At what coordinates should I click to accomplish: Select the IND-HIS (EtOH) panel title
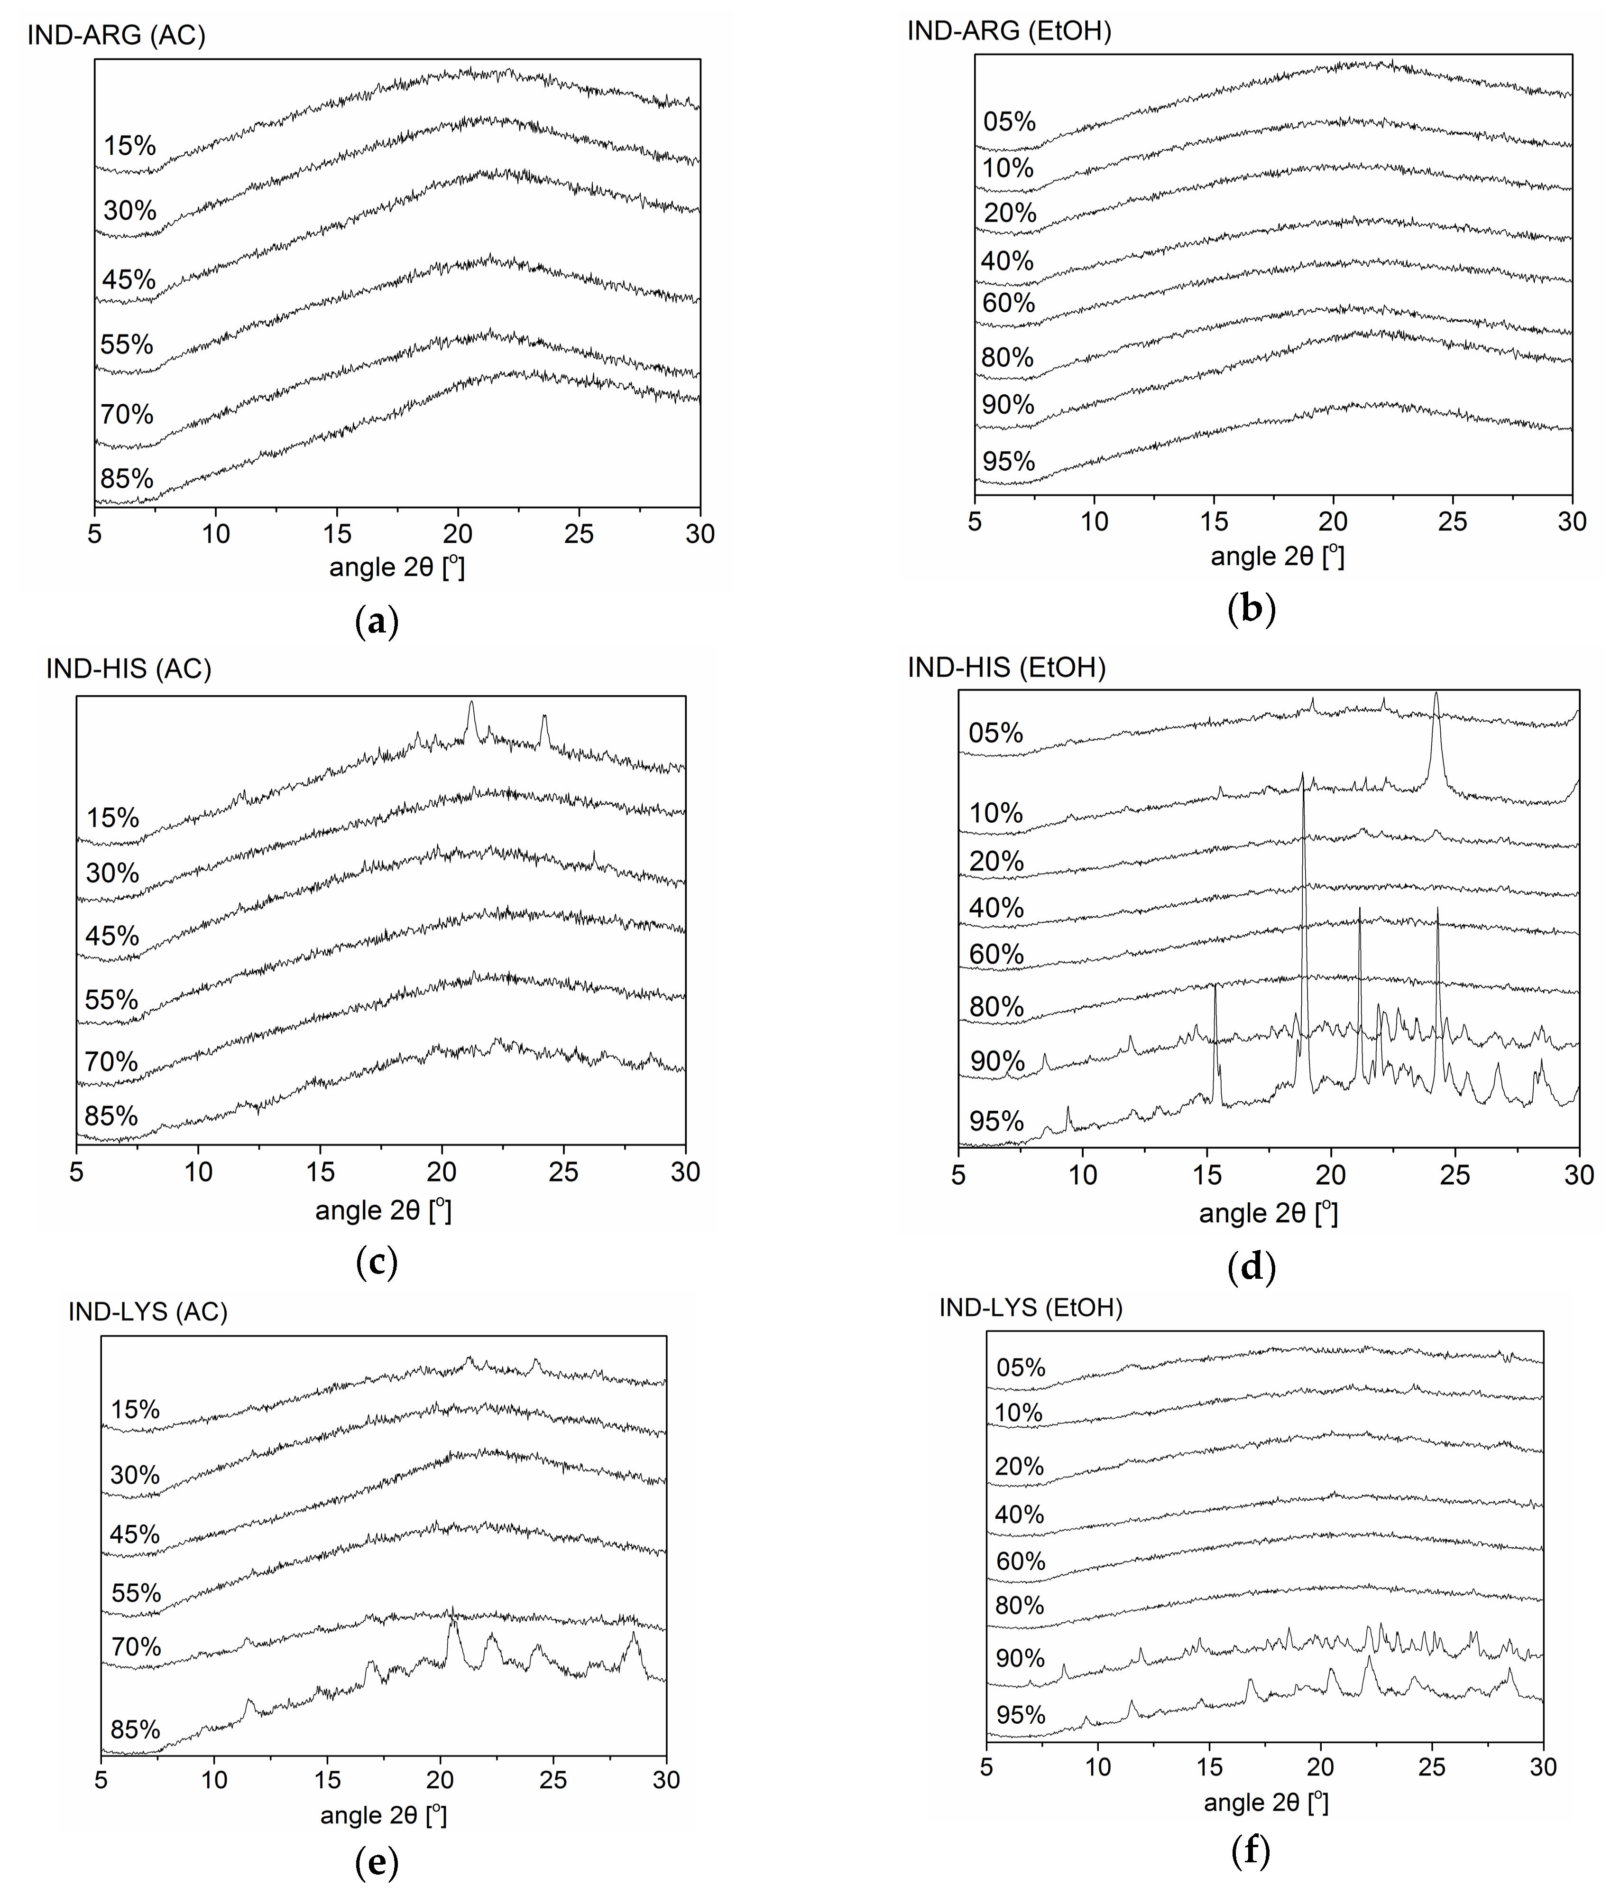1006,668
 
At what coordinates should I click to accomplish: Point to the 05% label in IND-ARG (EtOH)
1009,121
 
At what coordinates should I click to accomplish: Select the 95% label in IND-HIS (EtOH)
996,1121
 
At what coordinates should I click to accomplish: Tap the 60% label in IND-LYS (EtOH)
1020,1561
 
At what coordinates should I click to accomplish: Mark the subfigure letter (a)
376,622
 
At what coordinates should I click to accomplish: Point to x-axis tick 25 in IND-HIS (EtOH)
1454,1175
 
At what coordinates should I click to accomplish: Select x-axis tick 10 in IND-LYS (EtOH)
1098,1767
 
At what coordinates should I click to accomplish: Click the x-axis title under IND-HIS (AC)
383,1211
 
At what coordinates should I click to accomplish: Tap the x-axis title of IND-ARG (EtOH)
1277,557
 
